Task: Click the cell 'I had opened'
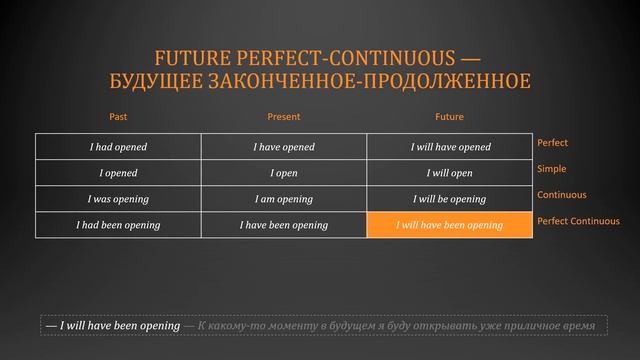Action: tap(118, 147)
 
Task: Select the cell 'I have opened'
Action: tap(284, 147)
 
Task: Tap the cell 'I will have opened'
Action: tap(450, 147)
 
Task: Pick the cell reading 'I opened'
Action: tap(118, 173)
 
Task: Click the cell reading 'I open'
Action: tap(284, 173)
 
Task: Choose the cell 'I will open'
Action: tap(450, 173)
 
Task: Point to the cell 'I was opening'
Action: tap(118, 199)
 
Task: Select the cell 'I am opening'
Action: tap(284, 199)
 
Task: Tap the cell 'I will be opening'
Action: tap(450, 199)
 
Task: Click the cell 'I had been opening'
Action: tap(118, 225)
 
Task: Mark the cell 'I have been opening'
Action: tap(284, 225)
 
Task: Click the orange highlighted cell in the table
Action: tap(450, 225)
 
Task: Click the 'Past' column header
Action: tap(118, 117)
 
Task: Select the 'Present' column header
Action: tap(284, 117)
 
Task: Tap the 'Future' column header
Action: tap(450, 117)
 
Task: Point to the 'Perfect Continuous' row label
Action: tap(578, 221)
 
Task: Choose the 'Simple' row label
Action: tap(552, 169)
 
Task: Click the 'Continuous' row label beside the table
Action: tap(562, 195)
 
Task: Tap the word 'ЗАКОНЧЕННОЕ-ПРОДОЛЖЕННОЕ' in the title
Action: tap(379, 80)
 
